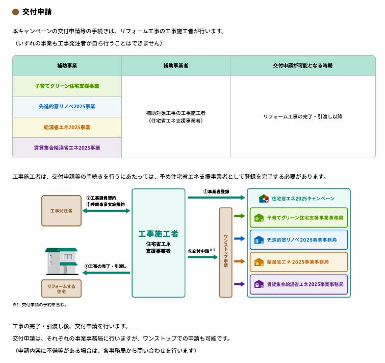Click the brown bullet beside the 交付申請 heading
tap(15, 12)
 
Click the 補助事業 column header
tap(67, 66)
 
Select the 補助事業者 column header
tap(175, 66)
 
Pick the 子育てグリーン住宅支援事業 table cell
tap(67, 86)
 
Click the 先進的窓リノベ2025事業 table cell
tap(67, 107)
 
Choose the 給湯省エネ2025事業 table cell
tap(67, 127)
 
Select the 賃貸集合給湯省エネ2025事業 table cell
tap(67, 148)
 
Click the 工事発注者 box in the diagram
tap(61, 210)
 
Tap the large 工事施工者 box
tap(158, 243)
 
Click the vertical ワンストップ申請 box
tap(225, 252)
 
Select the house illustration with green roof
tap(62, 261)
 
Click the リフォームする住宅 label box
tap(61, 289)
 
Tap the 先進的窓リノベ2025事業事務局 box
tap(298, 239)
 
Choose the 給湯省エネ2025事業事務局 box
tap(298, 262)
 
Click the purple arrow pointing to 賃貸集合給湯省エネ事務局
tap(239, 284)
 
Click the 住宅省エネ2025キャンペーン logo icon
tap(264, 198)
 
